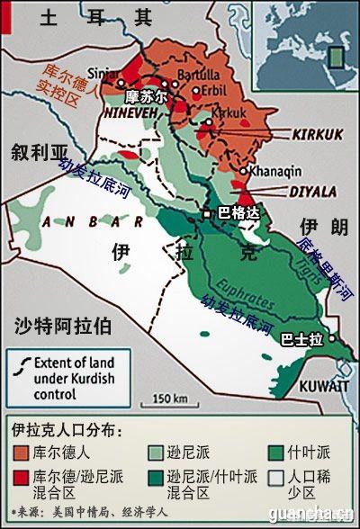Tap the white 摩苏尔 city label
[x=146, y=94]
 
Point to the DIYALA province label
[x=311, y=190]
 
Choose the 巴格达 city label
[x=237, y=214]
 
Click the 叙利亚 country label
[x=32, y=150]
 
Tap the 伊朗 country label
[x=321, y=225]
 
